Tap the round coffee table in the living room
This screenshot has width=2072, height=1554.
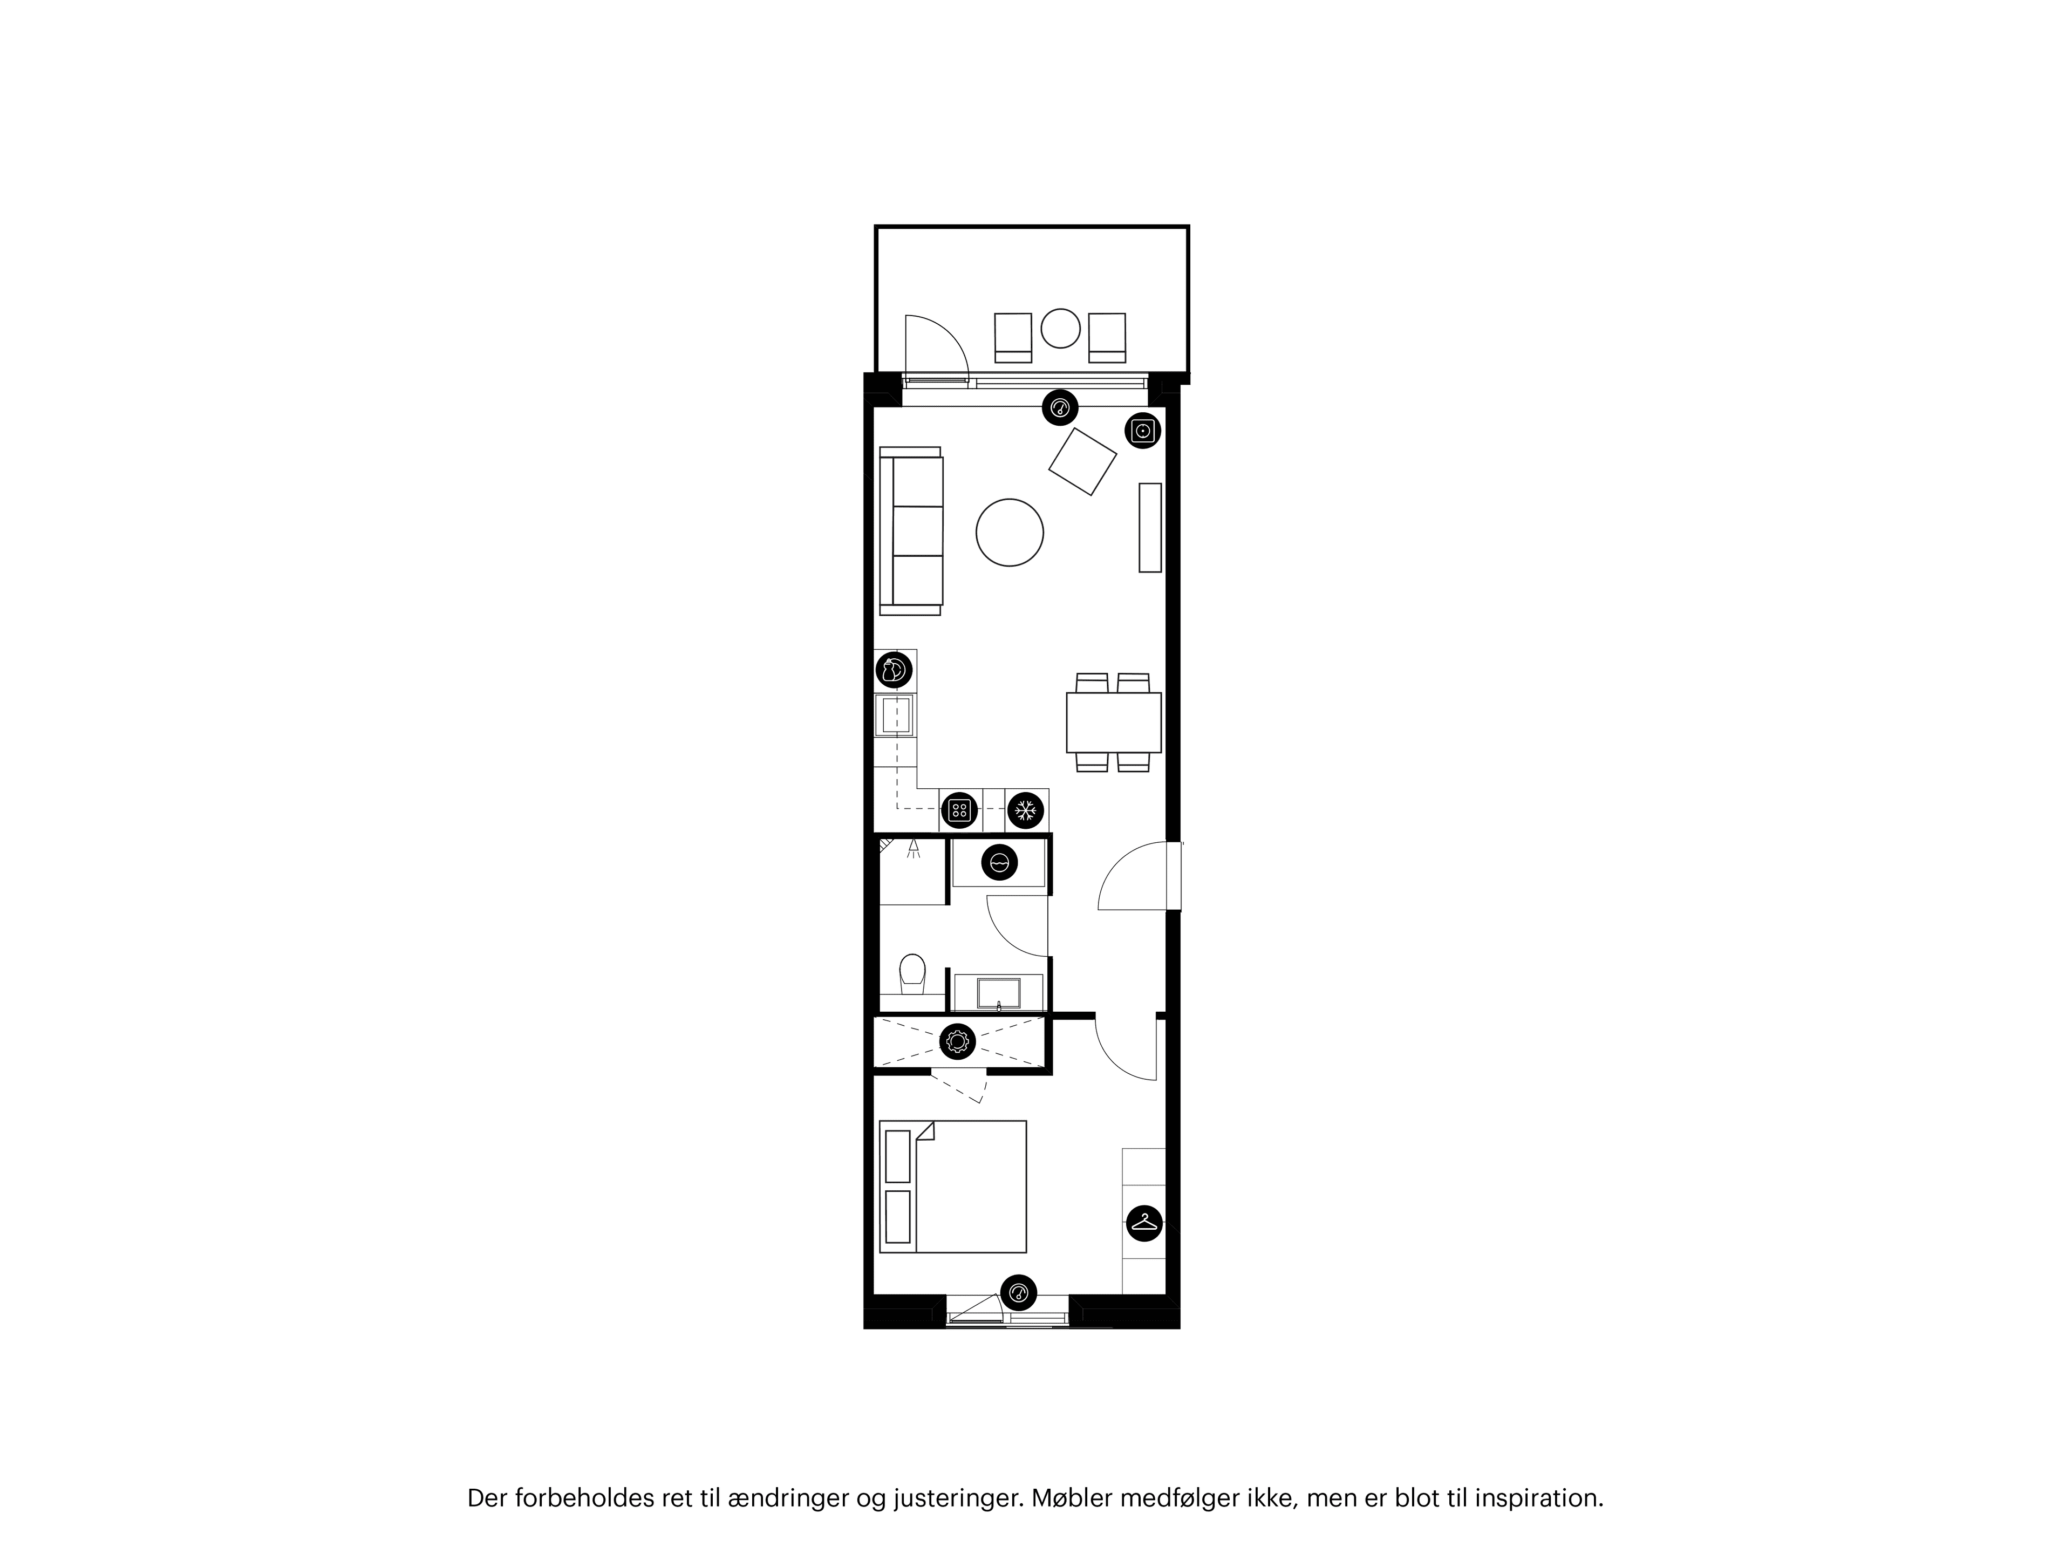1009,532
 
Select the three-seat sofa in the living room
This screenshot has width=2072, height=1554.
911,531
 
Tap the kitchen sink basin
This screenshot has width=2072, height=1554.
896,715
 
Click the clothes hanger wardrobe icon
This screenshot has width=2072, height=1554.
1144,1222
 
